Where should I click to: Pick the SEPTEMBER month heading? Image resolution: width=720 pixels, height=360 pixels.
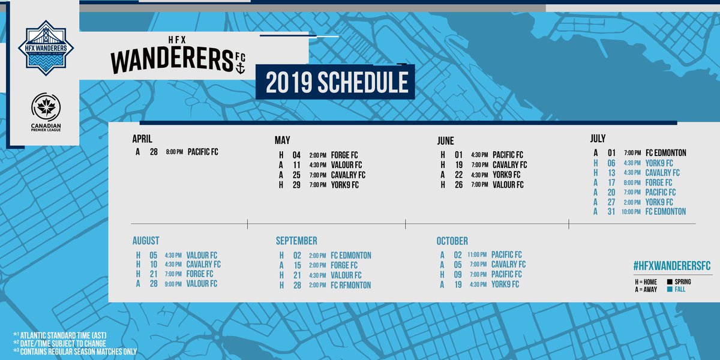296,241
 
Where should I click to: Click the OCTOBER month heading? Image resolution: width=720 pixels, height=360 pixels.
452,241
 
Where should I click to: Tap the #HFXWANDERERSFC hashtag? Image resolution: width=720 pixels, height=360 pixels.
671,265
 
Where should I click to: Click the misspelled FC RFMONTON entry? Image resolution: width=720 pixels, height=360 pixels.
350,285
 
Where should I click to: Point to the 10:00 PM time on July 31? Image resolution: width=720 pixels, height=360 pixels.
631,212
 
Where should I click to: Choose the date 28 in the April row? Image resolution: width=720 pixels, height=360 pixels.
154,152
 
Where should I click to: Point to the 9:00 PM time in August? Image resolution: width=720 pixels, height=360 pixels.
175,283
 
